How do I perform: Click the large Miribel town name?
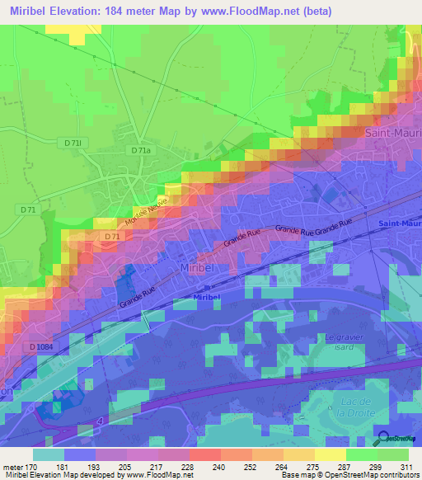pyautogui.click(x=198, y=270)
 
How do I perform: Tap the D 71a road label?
pyautogui.click(x=141, y=151)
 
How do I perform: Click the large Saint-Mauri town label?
pyautogui.click(x=392, y=132)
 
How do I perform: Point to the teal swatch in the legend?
pyautogui.click(x=48, y=454)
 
